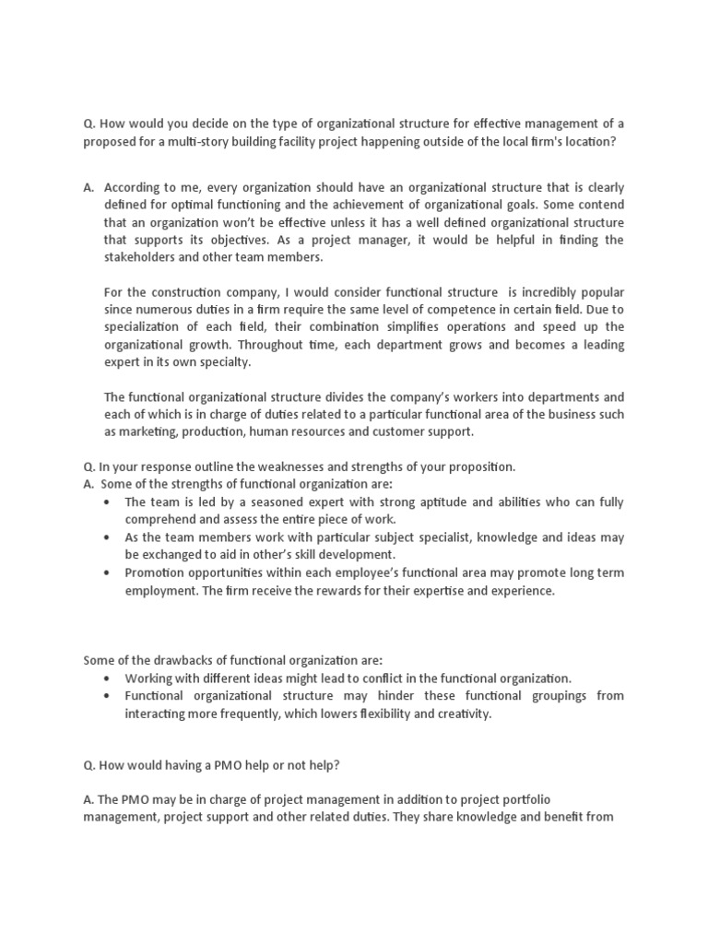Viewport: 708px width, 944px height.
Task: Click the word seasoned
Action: (x=257, y=501)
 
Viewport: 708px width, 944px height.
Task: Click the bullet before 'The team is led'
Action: (x=110, y=502)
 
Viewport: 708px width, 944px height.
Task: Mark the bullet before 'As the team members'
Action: (x=110, y=537)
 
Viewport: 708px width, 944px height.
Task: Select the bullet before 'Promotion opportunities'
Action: (x=110, y=572)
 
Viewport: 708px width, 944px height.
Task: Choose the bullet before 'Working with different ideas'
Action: (x=110, y=678)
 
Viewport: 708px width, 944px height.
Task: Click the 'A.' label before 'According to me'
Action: (x=88, y=187)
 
